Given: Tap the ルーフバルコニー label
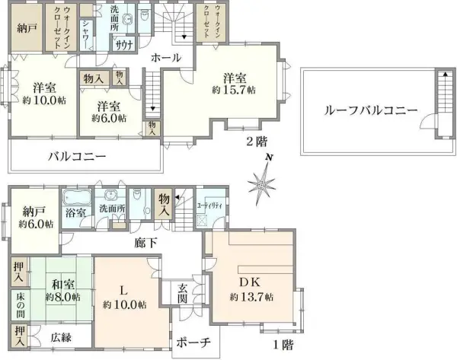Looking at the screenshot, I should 370,110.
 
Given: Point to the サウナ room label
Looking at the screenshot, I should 124,45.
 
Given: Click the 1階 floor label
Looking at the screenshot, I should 283,344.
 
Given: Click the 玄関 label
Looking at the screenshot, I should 184,293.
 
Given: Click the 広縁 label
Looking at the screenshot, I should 62,336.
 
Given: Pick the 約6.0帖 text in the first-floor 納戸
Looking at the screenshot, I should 37,224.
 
